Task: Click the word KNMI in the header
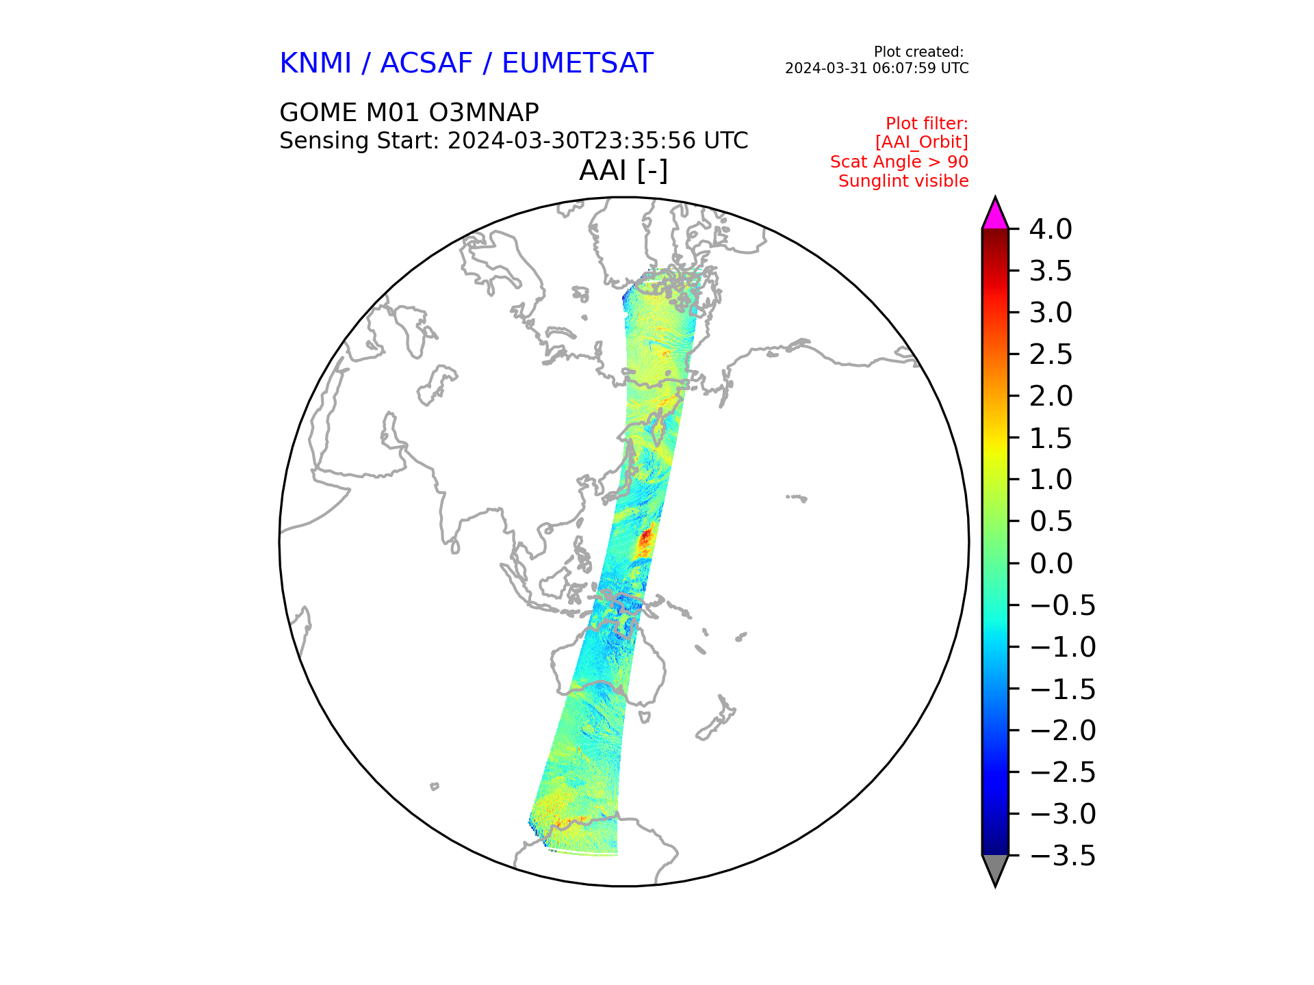click(x=315, y=64)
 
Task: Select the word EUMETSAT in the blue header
click(x=578, y=64)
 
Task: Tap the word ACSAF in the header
click(x=426, y=64)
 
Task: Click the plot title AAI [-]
click(x=623, y=170)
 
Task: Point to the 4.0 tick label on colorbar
click(x=1051, y=229)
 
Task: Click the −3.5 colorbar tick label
click(x=1062, y=856)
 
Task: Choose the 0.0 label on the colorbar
click(x=1051, y=564)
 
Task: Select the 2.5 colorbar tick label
click(x=1051, y=354)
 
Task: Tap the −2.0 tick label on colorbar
click(x=1062, y=731)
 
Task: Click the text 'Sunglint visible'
click(x=903, y=181)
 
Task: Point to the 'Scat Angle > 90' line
click(x=899, y=162)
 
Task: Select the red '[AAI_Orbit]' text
click(x=922, y=142)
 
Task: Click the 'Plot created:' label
click(x=919, y=52)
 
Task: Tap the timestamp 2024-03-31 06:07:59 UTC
click(x=877, y=68)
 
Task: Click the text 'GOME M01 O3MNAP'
click(x=409, y=112)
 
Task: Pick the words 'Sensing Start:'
click(x=359, y=141)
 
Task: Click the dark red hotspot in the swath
click(x=645, y=540)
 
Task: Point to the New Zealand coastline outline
click(x=716, y=718)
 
